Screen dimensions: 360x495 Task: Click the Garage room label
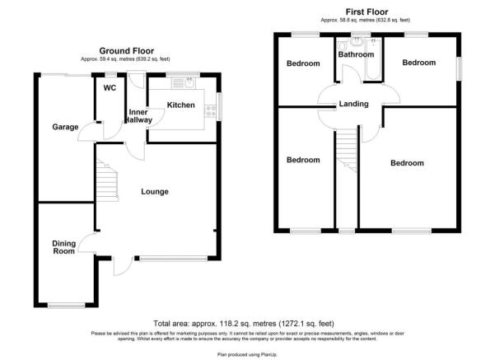[x=65, y=127]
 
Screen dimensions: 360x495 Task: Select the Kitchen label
[x=181, y=105]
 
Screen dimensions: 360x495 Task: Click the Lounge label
[x=154, y=192]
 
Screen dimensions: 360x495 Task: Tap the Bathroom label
[x=355, y=54]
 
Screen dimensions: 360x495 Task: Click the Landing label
[x=353, y=104]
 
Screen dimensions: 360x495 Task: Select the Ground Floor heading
[x=125, y=50]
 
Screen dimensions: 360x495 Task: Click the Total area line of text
[x=247, y=324]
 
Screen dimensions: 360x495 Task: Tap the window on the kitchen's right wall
[x=219, y=105]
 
